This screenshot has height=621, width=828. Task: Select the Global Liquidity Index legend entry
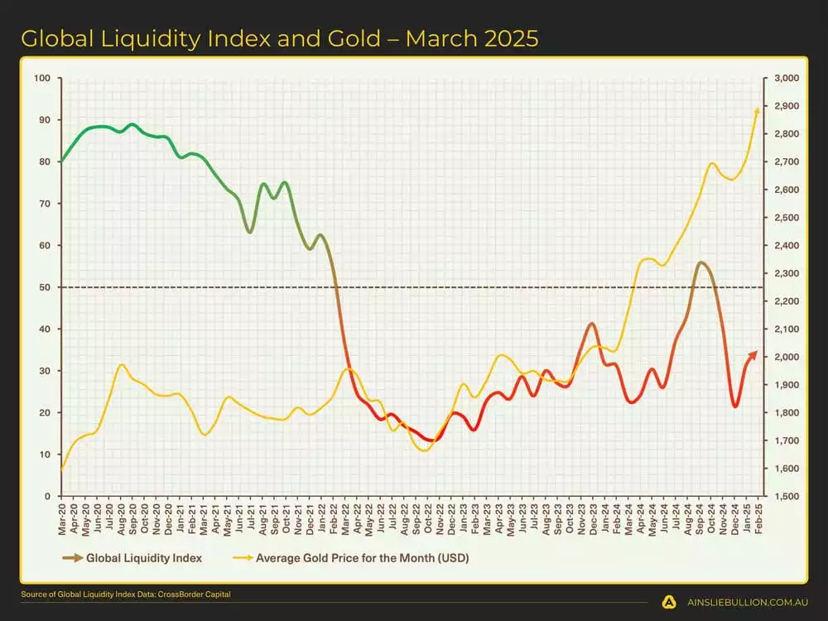click(x=143, y=558)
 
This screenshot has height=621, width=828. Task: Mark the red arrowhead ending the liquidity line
click(x=753, y=354)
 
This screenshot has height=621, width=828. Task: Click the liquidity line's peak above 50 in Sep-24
click(x=701, y=262)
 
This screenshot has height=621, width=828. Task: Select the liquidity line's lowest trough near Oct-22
click(x=430, y=440)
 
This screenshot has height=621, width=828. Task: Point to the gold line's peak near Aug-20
click(x=122, y=364)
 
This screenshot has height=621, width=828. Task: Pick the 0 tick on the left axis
click(x=48, y=496)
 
